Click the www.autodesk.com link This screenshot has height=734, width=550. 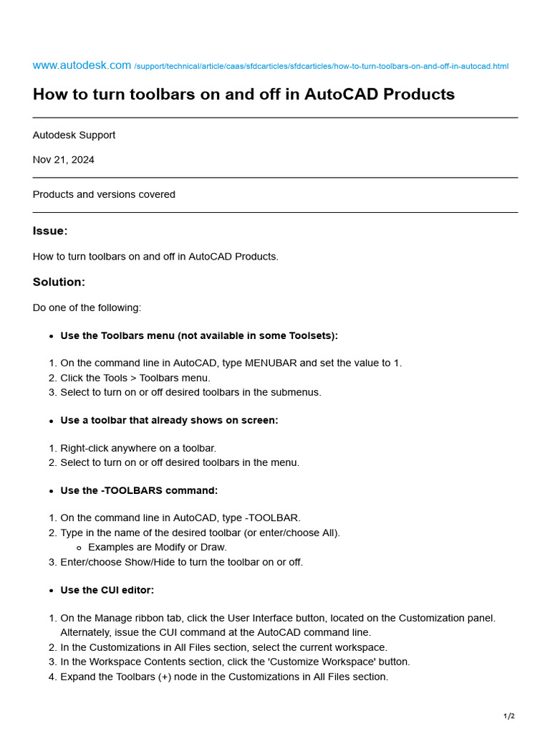pyautogui.click(x=82, y=65)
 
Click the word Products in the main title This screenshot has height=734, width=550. pyautogui.click(x=422, y=95)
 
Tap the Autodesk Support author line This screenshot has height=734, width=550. pyautogui.click(x=74, y=135)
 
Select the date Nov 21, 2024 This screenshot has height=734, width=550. pyautogui.click(x=63, y=160)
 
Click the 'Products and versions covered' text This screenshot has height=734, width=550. pyautogui.click(x=104, y=194)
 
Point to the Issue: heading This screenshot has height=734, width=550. pyautogui.click(x=50, y=231)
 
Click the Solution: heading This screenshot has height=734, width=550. pyautogui.click(x=59, y=282)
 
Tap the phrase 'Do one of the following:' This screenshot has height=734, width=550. pyautogui.click(x=87, y=308)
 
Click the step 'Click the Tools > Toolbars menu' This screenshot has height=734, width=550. pyautogui.click(x=135, y=378)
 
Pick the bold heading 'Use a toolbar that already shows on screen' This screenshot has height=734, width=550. pyautogui.click(x=169, y=420)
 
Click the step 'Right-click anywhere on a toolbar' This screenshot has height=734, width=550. pyautogui.click(x=138, y=448)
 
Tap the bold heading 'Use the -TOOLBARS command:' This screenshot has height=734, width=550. pyautogui.click(x=139, y=490)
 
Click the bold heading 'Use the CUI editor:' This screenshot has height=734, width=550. pyautogui.click(x=107, y=590)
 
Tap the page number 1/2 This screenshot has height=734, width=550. pyautogui.click(x=508, y=716)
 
